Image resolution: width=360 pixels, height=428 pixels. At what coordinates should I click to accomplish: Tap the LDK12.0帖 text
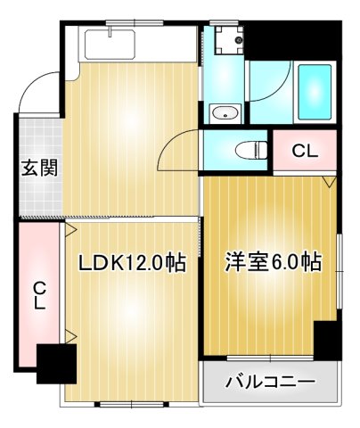131,264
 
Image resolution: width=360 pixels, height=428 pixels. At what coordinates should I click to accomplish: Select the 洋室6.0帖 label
273,264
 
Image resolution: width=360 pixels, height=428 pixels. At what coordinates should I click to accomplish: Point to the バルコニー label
270,383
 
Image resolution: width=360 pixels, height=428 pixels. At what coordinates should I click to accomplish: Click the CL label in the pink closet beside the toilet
305,152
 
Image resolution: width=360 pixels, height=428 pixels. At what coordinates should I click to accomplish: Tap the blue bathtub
314,92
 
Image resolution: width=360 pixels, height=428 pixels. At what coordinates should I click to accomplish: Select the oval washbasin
225,112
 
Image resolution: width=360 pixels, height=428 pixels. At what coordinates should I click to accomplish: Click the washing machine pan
228,38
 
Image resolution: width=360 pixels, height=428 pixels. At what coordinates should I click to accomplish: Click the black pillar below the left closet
55,363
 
